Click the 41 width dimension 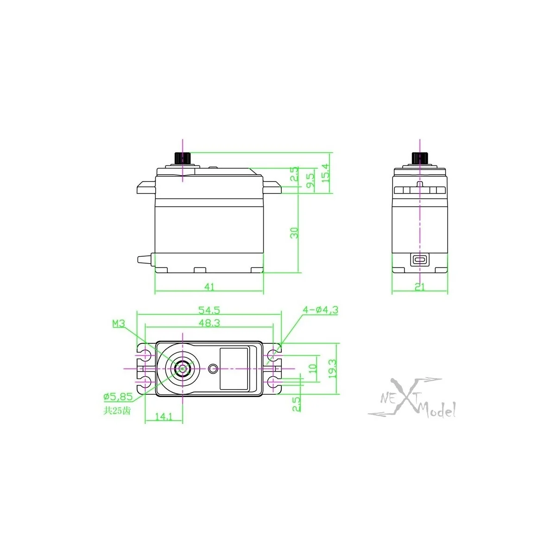209,287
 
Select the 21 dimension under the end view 419,287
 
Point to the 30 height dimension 294,233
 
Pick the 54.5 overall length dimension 209,310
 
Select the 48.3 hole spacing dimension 209,323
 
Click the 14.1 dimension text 164,417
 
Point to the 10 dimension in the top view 312,369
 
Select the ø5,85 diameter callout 118,397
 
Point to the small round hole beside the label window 213,369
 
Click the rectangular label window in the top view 234,369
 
